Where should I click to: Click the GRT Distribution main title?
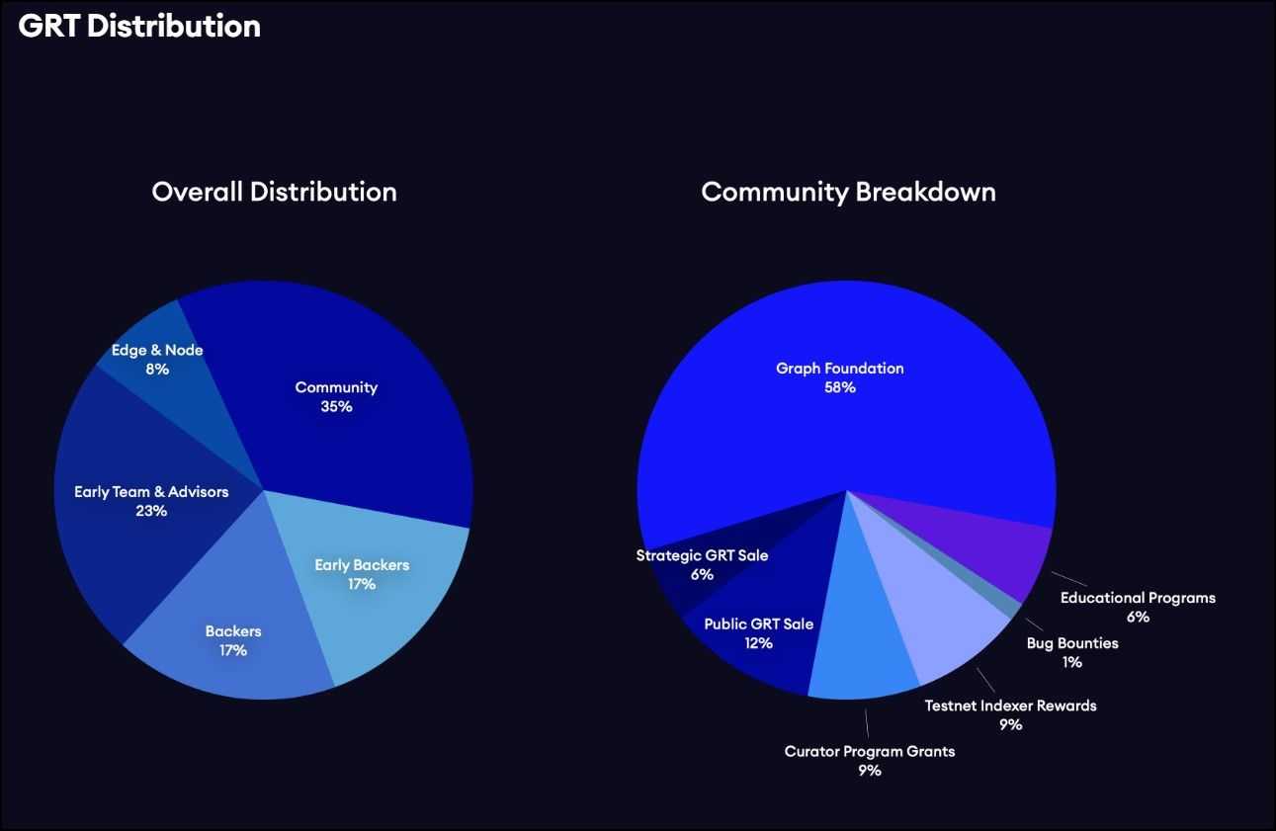click(139, 27)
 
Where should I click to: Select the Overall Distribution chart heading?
click(274, 192)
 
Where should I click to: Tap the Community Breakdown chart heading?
click(848, 192)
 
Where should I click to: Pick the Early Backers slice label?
click(362, 565)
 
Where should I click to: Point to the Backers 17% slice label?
click(233, 640)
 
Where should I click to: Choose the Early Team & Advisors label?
click(151, 491)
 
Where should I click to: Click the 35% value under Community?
click(336, 406)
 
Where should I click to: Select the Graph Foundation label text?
click(839, 369)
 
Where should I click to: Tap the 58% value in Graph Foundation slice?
click(839, 387)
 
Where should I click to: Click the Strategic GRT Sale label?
click(702, 555)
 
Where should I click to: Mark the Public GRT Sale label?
click(758, 624)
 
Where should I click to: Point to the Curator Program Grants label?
click(870, 751)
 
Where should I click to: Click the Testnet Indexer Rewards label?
click(1010, 706)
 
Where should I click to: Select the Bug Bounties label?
click(1072, 643)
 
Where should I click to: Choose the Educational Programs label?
click(1138, 598)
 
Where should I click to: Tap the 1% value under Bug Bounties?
click(1072, 662)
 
